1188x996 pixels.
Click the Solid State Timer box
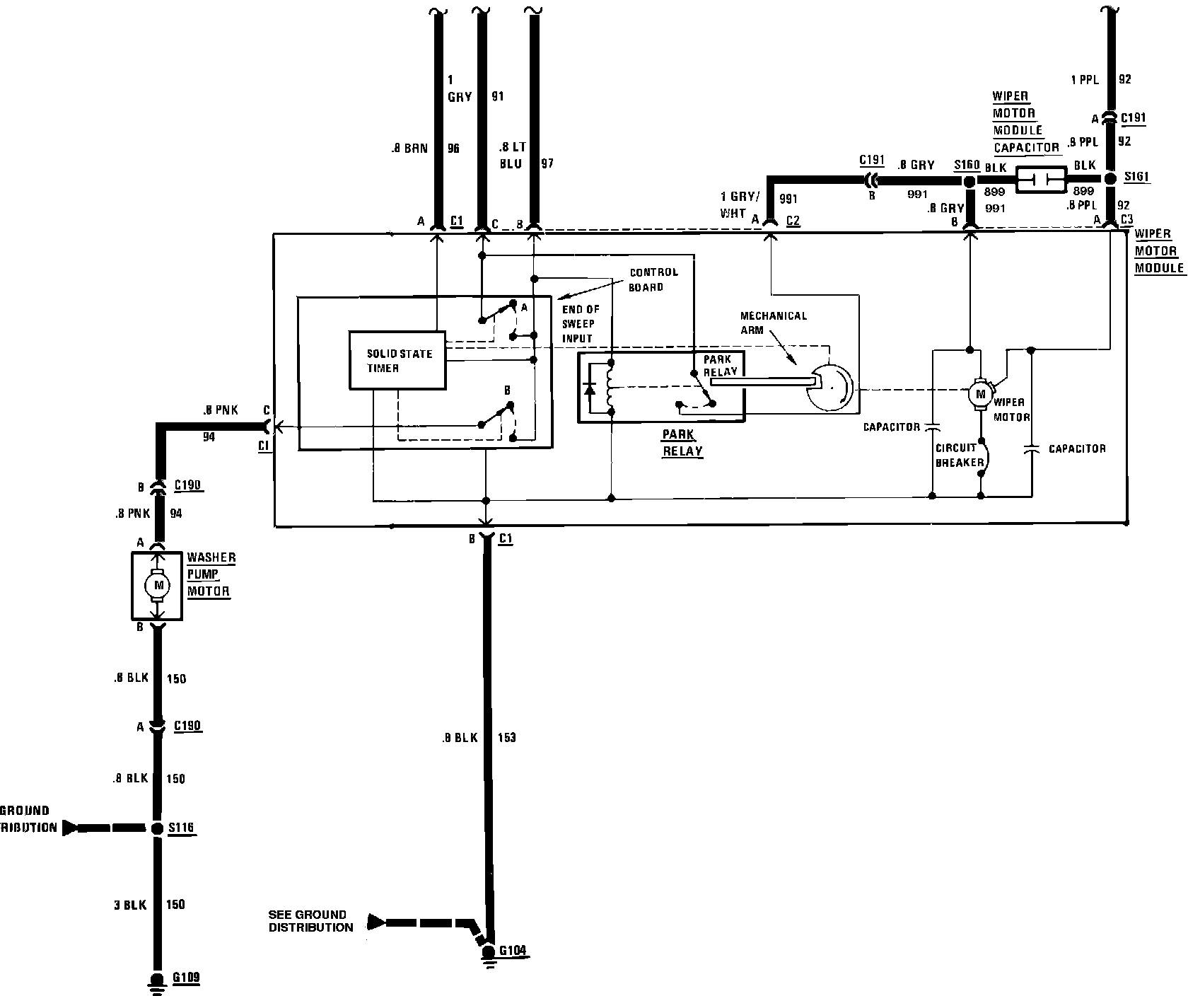(398, 360)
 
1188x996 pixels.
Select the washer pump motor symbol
(158, 585)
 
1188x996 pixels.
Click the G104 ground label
(513, 949)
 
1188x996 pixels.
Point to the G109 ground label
(186, 978)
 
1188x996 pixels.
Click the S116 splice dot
(157, 828)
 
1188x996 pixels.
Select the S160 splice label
(966, 165)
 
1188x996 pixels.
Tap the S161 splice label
(1136, 177)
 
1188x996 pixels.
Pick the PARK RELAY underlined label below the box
(682, 443)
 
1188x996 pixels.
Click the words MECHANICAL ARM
(773, 323)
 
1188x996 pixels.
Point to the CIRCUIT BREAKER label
(959, 455)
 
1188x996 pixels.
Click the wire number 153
(507, 738)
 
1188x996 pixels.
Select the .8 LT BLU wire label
(512, 156)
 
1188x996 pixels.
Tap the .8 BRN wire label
(409, 149)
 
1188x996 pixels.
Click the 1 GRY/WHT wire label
(739, 206)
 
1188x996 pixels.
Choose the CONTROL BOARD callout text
(653, 279)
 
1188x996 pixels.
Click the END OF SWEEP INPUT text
(581, 323)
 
